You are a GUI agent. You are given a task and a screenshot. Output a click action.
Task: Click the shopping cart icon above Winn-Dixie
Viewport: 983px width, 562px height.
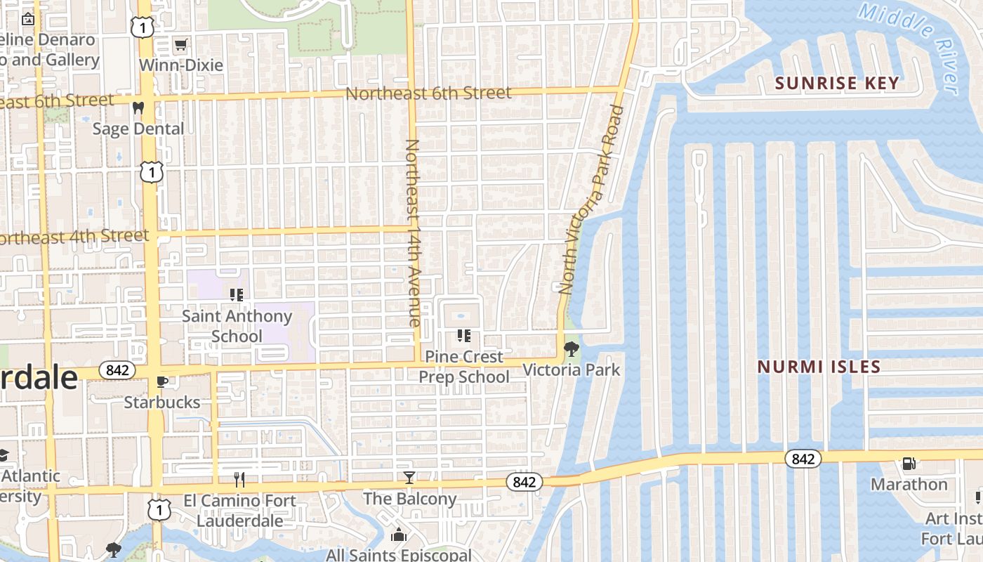point(180,45)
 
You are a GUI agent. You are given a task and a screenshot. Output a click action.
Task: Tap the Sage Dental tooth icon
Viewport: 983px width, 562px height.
point(138,108)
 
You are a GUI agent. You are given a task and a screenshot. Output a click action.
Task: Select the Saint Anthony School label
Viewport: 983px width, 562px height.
point(237,326)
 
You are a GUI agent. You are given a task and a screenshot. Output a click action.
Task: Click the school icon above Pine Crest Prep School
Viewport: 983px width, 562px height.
point(463,336)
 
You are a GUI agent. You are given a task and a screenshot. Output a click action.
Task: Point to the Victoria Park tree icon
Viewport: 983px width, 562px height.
point(572,348)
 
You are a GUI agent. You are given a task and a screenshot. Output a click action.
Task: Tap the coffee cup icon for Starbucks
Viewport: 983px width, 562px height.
point(161,381)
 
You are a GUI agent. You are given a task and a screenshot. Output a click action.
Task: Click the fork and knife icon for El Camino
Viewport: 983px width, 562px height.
point(239,480)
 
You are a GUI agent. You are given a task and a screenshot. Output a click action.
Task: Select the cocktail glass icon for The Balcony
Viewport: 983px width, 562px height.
point(409,478)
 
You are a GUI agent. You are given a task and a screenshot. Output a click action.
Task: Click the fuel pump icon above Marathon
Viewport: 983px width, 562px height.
point(909,464)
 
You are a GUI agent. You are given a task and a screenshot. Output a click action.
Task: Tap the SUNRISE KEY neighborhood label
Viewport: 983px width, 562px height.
point(836,83)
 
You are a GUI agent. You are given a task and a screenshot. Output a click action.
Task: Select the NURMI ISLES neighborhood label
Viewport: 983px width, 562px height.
point(819,367)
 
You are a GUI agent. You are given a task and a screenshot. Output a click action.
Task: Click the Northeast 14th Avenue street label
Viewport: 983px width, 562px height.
point(413,232)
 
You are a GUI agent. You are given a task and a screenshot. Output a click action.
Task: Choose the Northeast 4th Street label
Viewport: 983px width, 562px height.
point(74,237)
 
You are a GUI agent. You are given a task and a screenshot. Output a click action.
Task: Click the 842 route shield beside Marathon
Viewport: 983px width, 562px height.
point(803,459)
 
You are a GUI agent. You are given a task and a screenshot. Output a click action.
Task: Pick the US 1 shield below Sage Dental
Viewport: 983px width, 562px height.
point(152,171)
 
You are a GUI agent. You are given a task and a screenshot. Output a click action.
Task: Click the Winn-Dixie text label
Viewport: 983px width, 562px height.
point(181,65)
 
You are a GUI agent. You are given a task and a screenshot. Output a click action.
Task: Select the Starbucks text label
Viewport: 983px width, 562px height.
point(162,403)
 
